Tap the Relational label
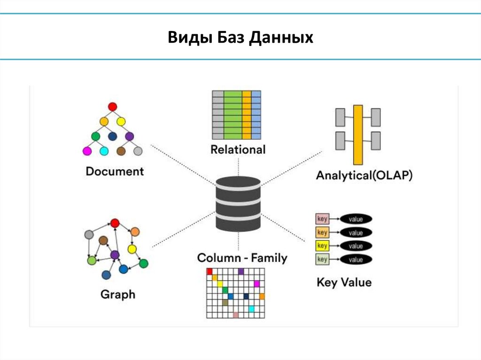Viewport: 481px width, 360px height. [x=238, y=150]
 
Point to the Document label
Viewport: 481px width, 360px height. [x=115, y=171]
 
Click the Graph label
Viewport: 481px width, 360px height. [x=117, y=295]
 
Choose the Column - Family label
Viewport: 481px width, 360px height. [x=242, y=258]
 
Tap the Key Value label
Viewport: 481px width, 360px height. [x=344, y=282]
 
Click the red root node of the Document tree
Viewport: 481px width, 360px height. [x=112, y=107]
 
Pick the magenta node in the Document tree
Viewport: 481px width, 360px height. [x=87, y=151]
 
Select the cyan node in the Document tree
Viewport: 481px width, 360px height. [x=104, y=151]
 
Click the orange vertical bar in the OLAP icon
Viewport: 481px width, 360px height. [x=358, y=135]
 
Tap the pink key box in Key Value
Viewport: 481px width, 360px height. [x=322, y=219]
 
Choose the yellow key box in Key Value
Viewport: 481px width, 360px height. [x=322, y=245]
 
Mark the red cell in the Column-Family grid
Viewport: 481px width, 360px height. [x=210, y=271]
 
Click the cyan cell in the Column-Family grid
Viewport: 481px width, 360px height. [x=252, y=308]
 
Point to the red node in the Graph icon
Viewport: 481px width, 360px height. [x=114, y=223]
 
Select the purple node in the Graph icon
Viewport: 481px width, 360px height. [x=115, y=254]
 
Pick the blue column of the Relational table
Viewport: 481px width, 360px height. [x=256, y=115]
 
